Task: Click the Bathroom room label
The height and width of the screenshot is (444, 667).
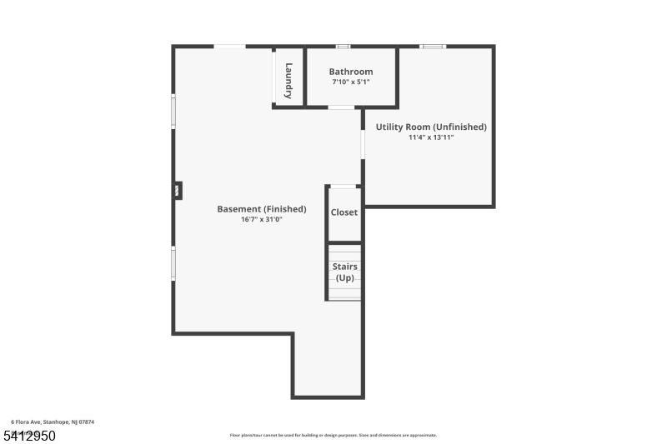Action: click(x=350, y=72)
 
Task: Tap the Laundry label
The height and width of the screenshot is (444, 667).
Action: click(x=288, y=76)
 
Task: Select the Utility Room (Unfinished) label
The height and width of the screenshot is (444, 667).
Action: click(x=431, y=127)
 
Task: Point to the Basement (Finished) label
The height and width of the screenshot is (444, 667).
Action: click(x=261, y=209)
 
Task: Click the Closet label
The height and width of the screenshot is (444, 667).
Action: click(x=344, y=212)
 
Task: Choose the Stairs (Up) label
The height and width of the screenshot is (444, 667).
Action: click(x=345, y=272)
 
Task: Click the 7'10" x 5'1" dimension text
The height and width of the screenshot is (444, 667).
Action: click(x=350, y=82)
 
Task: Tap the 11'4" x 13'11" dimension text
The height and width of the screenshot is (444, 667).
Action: click(x=431, y=137)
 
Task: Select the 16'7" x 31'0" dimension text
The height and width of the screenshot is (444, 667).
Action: click(x=261, y=220)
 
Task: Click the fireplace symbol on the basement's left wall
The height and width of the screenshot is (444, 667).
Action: click(x=178, y=191)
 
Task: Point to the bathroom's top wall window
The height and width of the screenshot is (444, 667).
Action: click(x=342, y=47)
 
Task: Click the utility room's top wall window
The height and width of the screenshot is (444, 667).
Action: click(x=433, y=47)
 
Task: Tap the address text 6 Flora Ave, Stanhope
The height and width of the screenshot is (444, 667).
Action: click(x=53, y=422)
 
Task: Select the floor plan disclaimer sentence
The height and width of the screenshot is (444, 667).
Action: click(x=333, y=435)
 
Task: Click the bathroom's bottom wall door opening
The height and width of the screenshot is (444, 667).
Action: click(x=341, y=107)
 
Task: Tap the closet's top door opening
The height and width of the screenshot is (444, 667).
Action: click(x=344, y=186)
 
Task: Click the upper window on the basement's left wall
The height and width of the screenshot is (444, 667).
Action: click(x=173, y=112)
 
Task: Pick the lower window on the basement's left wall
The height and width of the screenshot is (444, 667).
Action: click(x=173, y=262)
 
